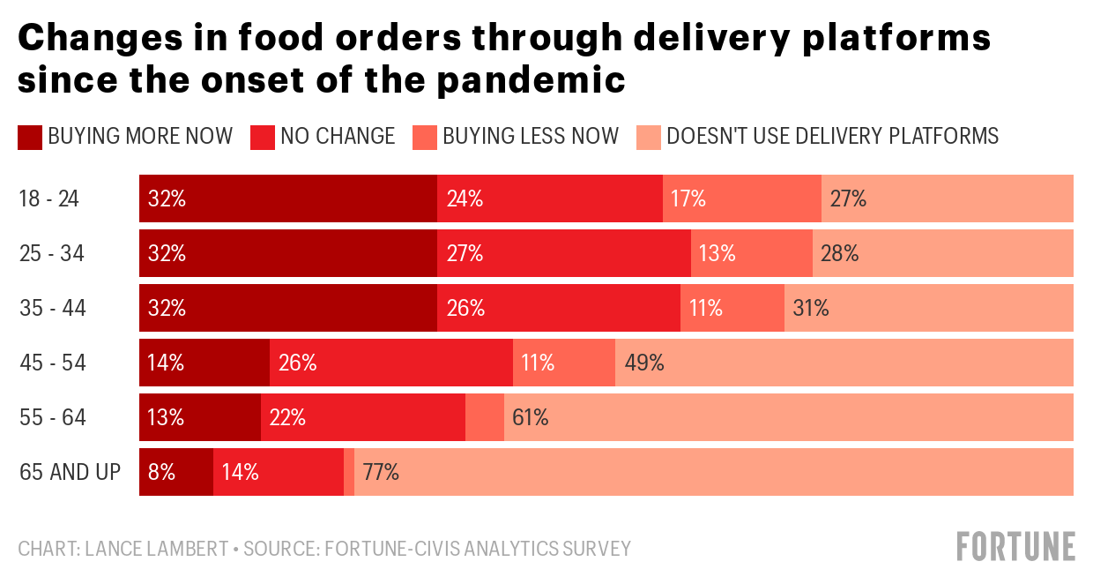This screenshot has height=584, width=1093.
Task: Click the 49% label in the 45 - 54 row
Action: pyautogui.click(x=643, y=363)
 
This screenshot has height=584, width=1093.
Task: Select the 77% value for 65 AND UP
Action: pyautogui.click(x=381, y=472)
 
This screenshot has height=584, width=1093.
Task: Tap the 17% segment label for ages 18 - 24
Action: pyautogui.click(x=689, y=198)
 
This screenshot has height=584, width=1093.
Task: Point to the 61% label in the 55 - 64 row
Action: pyautogui.click(x=531, y=417)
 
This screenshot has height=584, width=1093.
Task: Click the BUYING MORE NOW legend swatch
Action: pyautogui.click(x=29, y=137)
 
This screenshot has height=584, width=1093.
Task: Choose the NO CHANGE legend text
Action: pyautogui.click(x=338, y=136)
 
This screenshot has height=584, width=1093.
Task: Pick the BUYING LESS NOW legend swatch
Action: pyautogui.click(x=424, y=137)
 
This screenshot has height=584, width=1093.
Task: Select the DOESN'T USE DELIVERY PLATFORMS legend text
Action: pyautogui.click(x=832, y=136)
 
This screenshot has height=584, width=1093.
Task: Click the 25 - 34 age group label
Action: pyautogui.click(x=52, y=254)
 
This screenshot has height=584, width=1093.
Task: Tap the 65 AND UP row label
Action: pyautogui.click(x=70, y=472)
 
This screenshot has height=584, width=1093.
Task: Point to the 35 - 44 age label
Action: pyautogui.click(x=52, y=309)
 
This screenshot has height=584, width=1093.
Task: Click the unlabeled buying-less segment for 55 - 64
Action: pyautogui.click(x=485, y=417)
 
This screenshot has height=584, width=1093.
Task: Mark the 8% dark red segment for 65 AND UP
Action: pyautogui.click(x=176, y=472)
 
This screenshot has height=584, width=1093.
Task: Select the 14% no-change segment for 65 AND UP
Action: pyautogui.click(x=278, y=472)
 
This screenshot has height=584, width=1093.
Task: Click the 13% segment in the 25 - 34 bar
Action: pyautogui.click(x=751, y=253)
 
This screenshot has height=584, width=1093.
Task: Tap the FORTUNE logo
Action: pyautogui.click(x=1016, y=546)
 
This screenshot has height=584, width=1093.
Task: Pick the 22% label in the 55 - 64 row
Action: pyautogui.click(x=287, y=417)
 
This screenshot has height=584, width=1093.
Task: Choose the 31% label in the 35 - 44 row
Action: pyautogui.click(x=811, y=308)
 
